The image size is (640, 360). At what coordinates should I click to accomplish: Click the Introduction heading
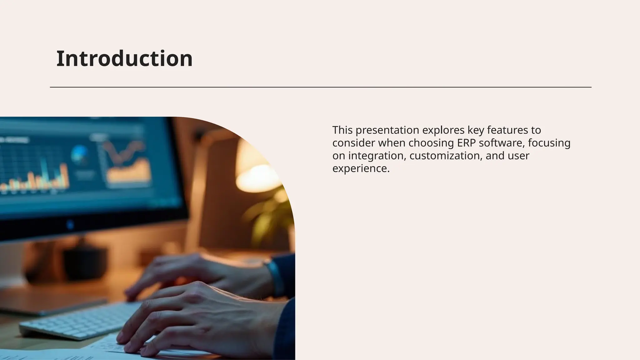coord(124,59)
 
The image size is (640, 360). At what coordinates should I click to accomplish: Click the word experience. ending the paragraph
coord(361,168)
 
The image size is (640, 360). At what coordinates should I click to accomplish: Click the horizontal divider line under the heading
coord(321,87)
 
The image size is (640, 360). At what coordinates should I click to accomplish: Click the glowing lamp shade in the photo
coord(256,169)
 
